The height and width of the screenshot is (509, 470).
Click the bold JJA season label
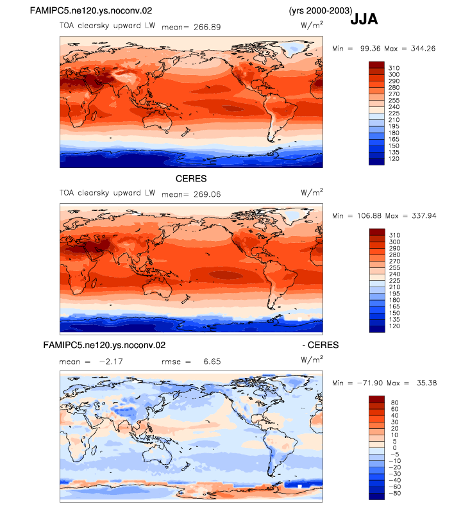pyautogui.click(x=364, y=19)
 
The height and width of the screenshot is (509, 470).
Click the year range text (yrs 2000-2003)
pyautogui.click(x=321, y=11)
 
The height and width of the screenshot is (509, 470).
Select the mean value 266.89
pyautogui.click(x=207, y=28)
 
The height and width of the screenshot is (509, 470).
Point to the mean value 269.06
pyautogui.click(x=207, y=194)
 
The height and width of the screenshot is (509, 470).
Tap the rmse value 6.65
pyautogui.click(x=212, y=362)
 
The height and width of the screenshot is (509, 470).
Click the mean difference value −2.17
pyautogui.click(x=111, y=362)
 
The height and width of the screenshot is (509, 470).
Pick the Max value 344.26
pyautogui.click(x=423, y=49)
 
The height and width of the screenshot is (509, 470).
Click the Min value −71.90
pyautogui.click(x=369, y=383)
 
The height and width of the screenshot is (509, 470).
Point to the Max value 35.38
pyautogui.click(x=426, y=383)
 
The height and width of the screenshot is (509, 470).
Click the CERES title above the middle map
pyautogui.click(x=191, y=179)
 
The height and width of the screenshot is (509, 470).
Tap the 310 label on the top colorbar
pyautogui.click(x=394, y=68)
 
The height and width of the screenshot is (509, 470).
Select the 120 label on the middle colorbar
pyautogui.click(x=394, y=326)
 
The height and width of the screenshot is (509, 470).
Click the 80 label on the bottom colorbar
pyautogui.click(x=395, y=403)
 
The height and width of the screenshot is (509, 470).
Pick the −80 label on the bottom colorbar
pyautogui.click(x=395, y=494)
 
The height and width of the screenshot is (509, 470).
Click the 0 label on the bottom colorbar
pyautogui.click(x=395, y=448)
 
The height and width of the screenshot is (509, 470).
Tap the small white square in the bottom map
pyautogui.click(x=299, y=486)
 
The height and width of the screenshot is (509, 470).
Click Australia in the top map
pyautogui.click(x=158, y=121)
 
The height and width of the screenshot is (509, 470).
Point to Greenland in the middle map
pyautogui.click(x=296, y=215)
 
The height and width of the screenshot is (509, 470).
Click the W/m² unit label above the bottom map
pyautogui.click(x=312, y=360)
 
